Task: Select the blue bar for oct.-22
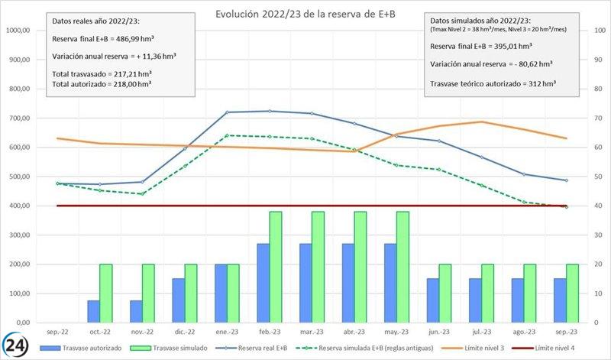point(92,311)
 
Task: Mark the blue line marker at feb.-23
point(270,112)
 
